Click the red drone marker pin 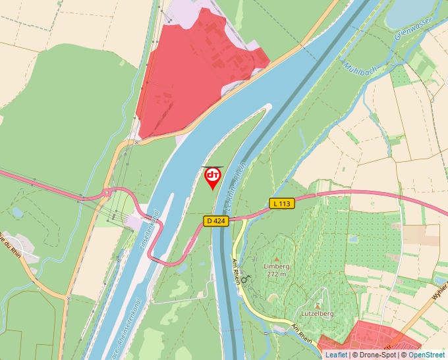(213, 177)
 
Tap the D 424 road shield (215, 221)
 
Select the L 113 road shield (281, 204)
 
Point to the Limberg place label (276, 266)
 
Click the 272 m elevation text (277, 274)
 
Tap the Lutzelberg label (317, 314)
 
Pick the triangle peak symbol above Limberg (276, 258)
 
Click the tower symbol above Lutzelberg (318, 305)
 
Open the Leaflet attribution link (336, 355)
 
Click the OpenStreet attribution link (426, 355)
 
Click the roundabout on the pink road (106, 193)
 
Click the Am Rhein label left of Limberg (237, 271)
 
